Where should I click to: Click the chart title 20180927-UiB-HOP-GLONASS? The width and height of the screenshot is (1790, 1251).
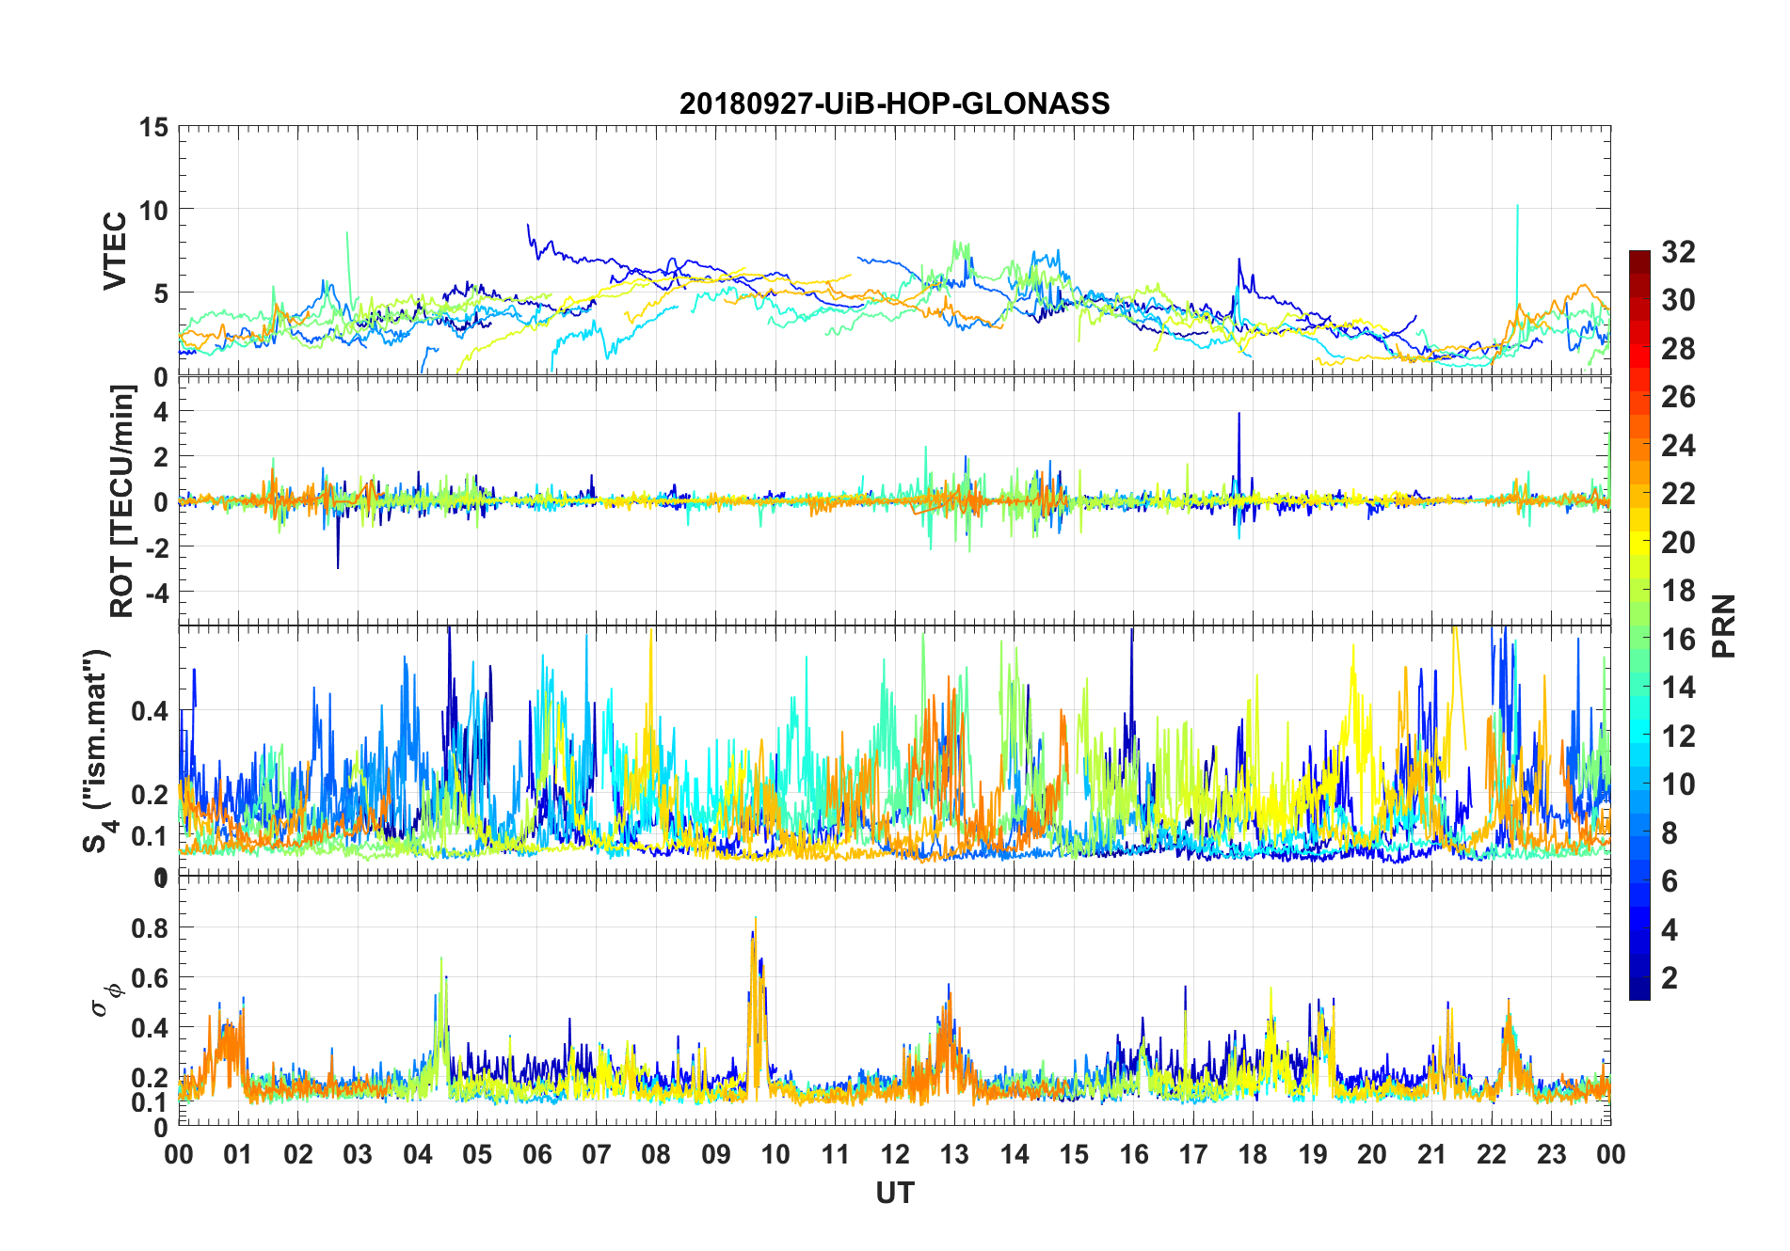coord(894,103)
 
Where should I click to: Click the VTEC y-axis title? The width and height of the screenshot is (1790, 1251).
coord(115,251)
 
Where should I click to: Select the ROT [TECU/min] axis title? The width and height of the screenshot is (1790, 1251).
coord(122,500)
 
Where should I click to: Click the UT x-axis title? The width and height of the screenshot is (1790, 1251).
coord(894,1193)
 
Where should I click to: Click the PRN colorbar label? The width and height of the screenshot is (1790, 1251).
coord(1723,625)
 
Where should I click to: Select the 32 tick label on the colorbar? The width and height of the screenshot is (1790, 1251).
coord(1678,251)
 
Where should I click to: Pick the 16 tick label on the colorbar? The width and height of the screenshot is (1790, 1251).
coord(1678,640)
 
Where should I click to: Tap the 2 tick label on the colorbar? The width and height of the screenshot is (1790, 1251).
coord(1670,978)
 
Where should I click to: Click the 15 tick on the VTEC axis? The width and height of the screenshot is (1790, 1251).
coord(153,127)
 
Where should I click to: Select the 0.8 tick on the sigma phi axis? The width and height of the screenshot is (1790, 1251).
coord(150,927)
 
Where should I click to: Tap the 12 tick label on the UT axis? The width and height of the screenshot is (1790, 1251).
coord(895,1154)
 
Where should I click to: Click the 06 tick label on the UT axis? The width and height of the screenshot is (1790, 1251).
coord(537,1154)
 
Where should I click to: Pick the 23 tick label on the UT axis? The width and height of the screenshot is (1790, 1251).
coord(1551,1154)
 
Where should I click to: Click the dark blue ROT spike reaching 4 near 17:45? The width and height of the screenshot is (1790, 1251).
coord(1239,416)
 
